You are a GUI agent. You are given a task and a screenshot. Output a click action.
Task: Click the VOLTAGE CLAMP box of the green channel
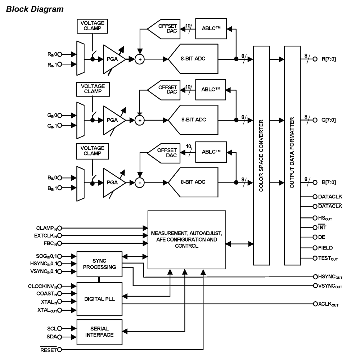(93, 89)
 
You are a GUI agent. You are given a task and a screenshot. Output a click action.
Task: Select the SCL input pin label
(51, 328)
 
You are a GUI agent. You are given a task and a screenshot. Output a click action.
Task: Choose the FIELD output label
(325, 248)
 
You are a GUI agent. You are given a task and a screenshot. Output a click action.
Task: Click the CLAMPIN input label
(47, 228)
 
